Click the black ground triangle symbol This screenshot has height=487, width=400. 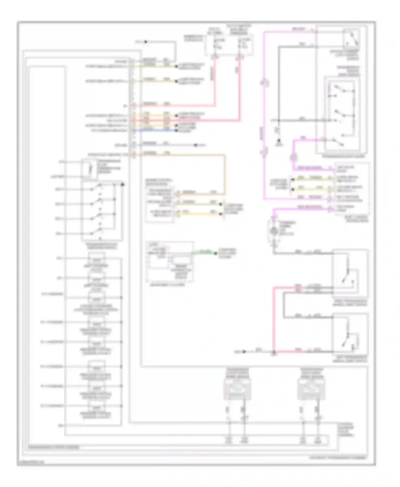(279, 144)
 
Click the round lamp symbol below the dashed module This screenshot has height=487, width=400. (274, 231)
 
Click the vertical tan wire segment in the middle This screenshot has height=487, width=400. (225, 173)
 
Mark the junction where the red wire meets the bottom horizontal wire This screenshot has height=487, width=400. (274, 352)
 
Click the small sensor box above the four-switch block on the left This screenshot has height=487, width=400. (89, 169)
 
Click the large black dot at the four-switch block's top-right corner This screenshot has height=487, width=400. (123, 184)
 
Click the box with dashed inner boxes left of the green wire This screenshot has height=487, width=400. (170, 262)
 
